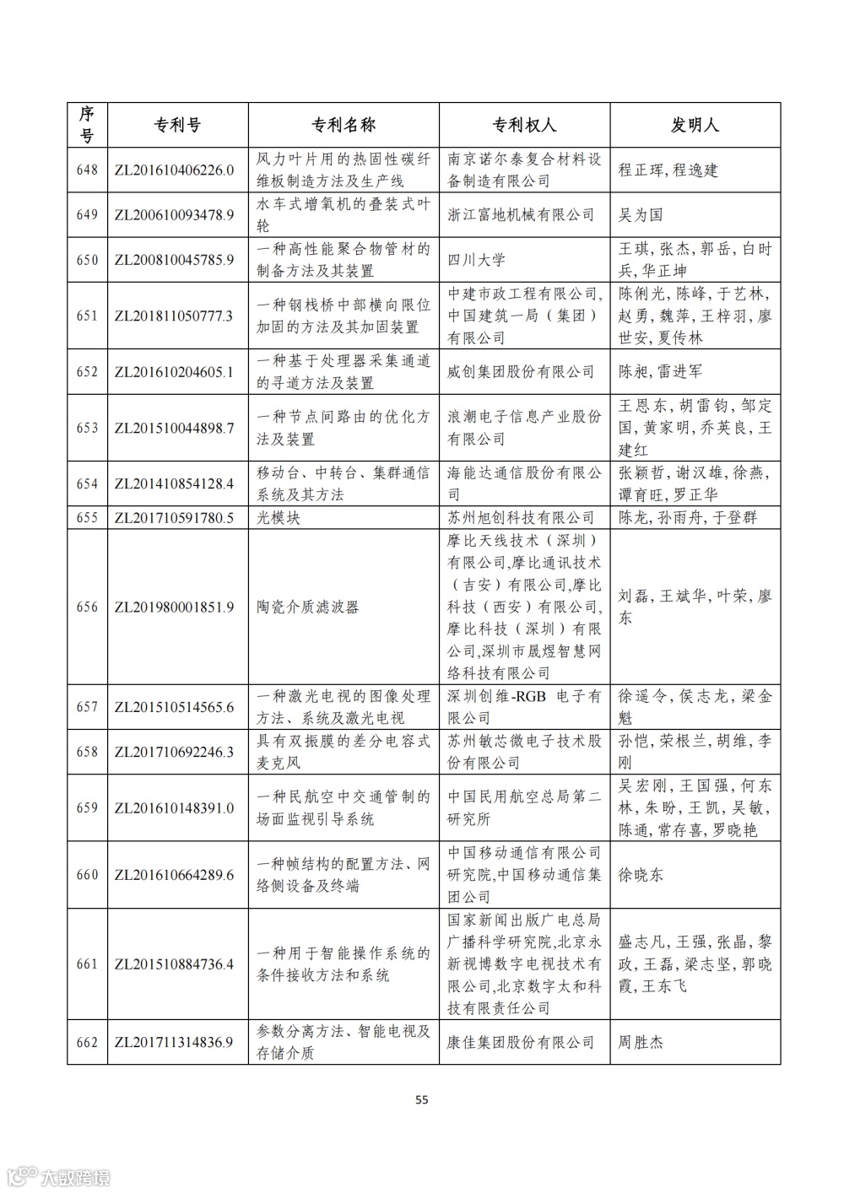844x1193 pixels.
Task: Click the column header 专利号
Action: (x=177, y=125)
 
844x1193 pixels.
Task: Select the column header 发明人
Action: (x=695, y=125)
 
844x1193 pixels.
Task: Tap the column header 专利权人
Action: (x=524, y=125)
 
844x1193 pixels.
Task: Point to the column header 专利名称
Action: (x=344, y=125)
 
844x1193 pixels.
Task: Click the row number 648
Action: (x=87, y=170)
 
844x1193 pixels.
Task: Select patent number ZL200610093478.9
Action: (x=174, y=214)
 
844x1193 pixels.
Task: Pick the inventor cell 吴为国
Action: (x=641, y=214)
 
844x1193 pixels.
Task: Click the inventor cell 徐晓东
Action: (x=641, y=875)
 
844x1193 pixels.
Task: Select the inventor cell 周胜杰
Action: (x=641, y=1042)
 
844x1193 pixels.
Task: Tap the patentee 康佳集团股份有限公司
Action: (x=521, y=1042)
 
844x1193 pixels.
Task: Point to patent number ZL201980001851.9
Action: (x=174, y=607)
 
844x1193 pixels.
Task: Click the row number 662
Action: (x=87, y=1042)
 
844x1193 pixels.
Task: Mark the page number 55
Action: (x=422, y=1099)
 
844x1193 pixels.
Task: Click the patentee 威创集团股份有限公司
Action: (x=521, y=371)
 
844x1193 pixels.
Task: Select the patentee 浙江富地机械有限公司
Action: (x=521, y=214)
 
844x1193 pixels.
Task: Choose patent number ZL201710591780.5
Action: (x=174, y=517)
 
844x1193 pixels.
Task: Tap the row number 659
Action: (x=87, y=807)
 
